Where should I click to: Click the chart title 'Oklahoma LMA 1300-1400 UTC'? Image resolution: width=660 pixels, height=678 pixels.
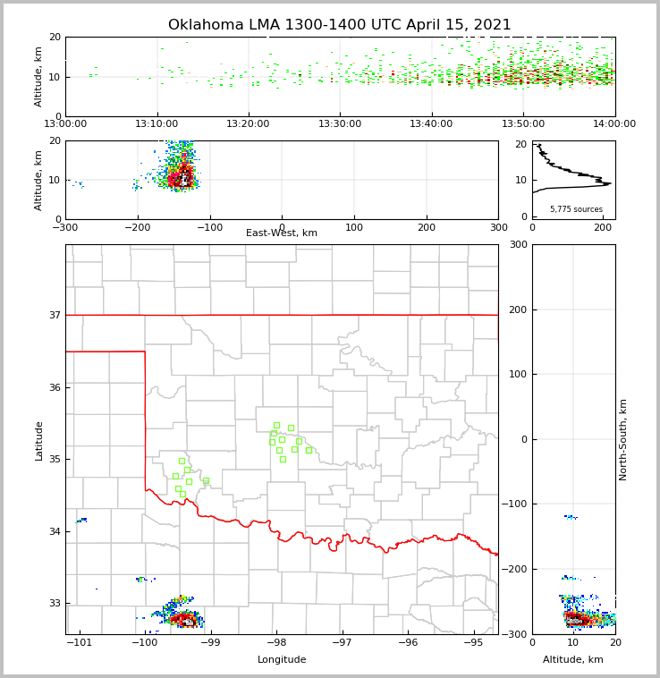click(339, 25)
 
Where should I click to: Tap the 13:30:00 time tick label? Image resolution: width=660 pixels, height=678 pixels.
click(340, 124)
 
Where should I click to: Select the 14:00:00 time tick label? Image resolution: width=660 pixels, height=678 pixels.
click(614, 124)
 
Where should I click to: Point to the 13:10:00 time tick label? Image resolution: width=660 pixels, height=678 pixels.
click(157, 124)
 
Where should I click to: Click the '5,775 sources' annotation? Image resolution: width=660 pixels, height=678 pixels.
click(576, 209)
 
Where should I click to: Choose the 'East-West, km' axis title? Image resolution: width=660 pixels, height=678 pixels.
click(282, 233)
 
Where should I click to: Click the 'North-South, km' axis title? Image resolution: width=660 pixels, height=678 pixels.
click(623, 439)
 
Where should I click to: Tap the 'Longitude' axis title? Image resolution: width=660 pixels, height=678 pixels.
click(282, 660)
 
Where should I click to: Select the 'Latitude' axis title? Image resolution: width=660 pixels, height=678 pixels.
click(38, 440)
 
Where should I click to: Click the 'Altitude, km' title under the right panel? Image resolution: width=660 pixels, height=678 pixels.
click(573, 660)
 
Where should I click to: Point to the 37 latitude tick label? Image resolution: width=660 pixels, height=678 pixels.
click(55, 315)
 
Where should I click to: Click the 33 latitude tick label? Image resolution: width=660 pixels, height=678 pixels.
click(55, 603)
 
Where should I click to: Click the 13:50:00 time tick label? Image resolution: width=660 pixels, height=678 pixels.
click(522, 124)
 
